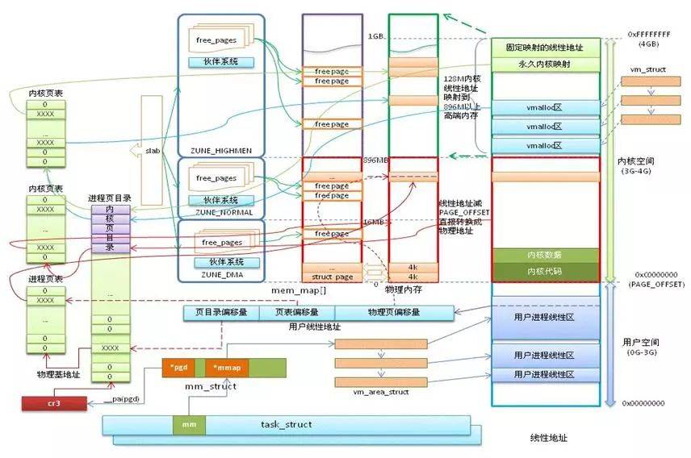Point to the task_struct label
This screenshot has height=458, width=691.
(287, 423)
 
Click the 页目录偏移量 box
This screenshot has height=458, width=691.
(216, 312)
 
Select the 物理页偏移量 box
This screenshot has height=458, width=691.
(393, 312)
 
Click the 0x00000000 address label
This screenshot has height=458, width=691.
(643, 402)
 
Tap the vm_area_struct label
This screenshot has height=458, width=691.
(381, 392)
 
